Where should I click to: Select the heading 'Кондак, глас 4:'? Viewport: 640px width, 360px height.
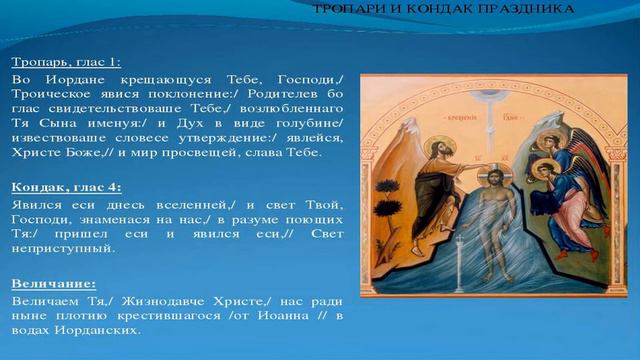[66, 186]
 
